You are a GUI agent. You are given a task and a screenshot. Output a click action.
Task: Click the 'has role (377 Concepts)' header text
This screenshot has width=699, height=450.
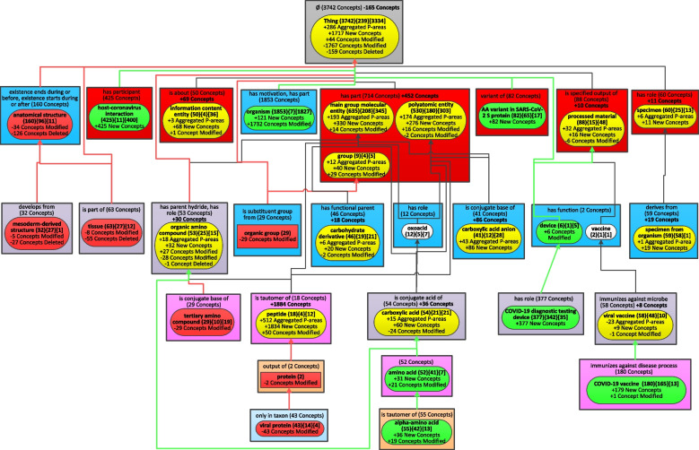point(536,299)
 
